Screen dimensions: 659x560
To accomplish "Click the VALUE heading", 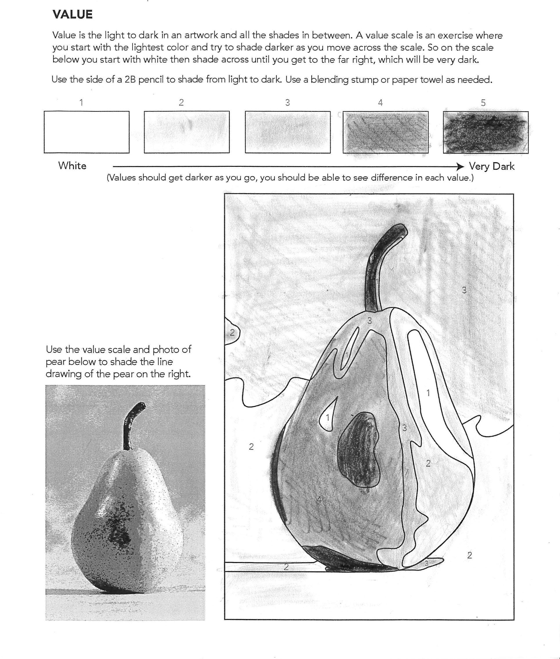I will [x=73, y=14].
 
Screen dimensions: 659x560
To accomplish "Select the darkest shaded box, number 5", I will [x=485, y=133].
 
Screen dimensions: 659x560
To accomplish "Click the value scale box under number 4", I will [x=385, y=132].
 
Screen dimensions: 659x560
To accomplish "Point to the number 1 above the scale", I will [x=81, y=102].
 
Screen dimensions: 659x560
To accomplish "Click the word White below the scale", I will [x=73, y=166].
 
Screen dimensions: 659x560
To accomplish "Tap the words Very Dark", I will [x=492, y=166].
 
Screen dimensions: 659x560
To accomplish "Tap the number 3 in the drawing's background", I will [x=464, y=290].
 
